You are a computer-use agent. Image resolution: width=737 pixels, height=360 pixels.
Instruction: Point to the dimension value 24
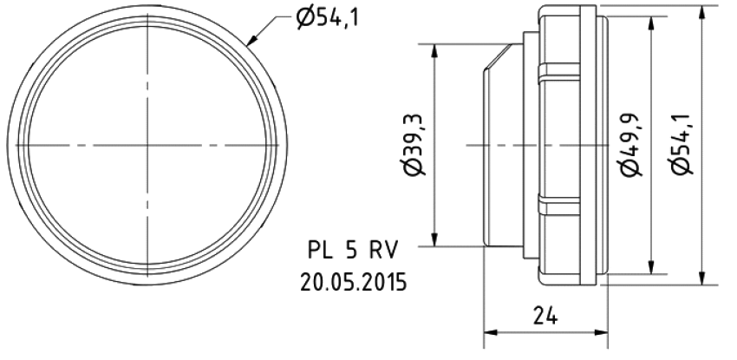coord(545,318)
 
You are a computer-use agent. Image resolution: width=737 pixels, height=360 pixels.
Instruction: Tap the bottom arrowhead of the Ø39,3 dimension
coord(435,240)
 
